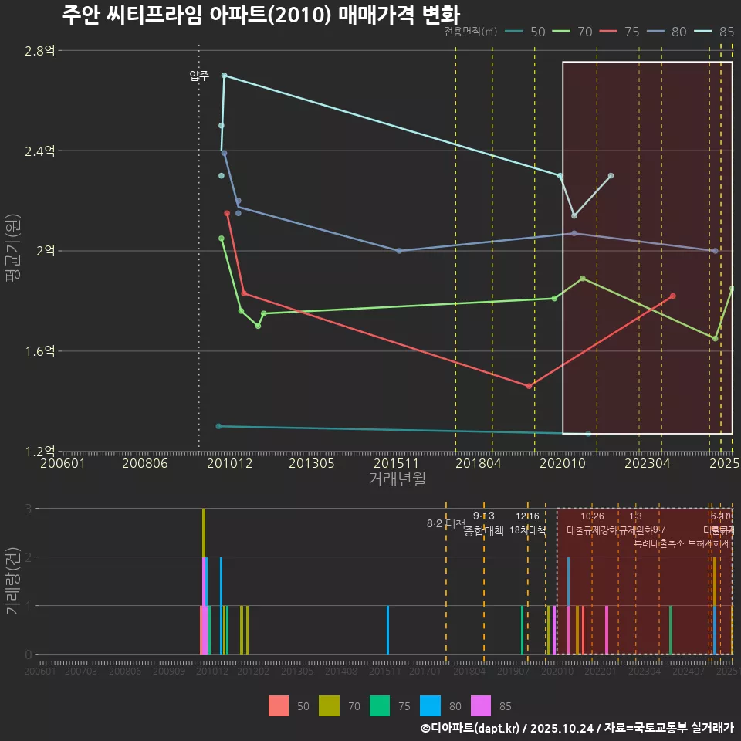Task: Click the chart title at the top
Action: (x=259, y=15)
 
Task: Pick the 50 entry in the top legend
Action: (x=530, y=32)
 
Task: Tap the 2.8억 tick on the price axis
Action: (x=39, y=51)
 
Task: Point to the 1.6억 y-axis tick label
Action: (x=39, y=351)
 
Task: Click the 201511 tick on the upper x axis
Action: (x=396, y=464)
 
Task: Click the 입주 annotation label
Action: (x=199, y=76)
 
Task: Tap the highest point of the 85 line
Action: (x=224, y=75)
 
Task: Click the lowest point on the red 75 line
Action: (x=529, y=386)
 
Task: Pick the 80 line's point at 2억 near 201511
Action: (x=399, y=251)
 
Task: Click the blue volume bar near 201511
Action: (x=387, y=630)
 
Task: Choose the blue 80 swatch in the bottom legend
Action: (x=430, y=705)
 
